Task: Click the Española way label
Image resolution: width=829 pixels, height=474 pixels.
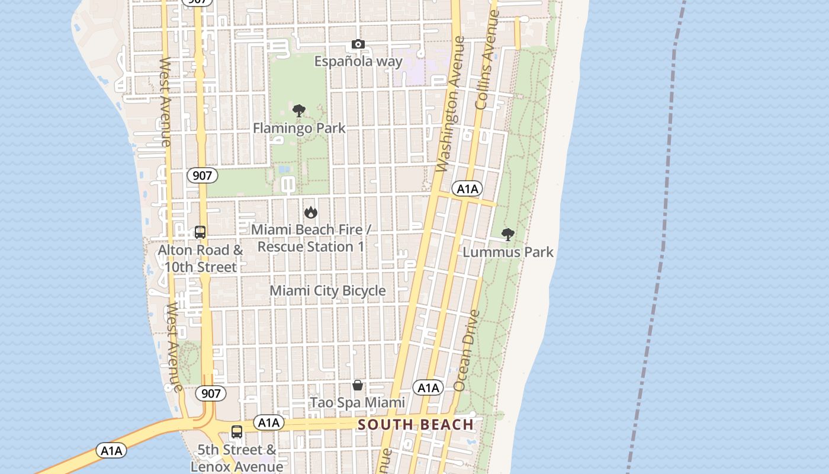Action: tap(358, 61)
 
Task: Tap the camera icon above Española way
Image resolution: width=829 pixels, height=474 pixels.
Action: tap(358, 44)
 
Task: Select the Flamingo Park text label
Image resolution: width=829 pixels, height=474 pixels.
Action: tap(299, 128)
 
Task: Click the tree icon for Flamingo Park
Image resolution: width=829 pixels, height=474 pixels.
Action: tap(299, 111)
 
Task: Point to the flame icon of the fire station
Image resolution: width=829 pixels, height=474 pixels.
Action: tap(310, 212)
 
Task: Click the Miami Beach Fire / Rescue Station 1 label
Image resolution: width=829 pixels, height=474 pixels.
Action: tap(311, 238)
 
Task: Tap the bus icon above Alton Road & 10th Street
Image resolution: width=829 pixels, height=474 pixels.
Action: tap(200, 232)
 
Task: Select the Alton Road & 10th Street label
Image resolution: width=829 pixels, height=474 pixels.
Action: tap(200, 258)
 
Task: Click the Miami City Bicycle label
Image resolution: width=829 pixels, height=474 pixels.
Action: tap(327, 290)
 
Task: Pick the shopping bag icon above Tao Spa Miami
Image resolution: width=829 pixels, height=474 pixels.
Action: tap(358, 386)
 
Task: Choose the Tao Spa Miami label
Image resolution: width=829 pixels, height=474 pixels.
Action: tap(358, 403)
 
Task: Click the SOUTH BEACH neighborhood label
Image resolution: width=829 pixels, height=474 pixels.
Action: tap(416, 424)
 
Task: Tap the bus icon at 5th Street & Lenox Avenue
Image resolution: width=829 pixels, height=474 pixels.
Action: tap(237, 432)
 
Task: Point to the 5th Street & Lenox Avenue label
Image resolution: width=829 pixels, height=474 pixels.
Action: tap(237, 458)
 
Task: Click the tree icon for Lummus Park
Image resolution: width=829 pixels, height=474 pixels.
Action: tap(507, 235)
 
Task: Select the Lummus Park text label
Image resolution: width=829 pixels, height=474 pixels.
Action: tap(508, 252)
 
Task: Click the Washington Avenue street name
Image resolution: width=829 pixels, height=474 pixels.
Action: tap(451, 105)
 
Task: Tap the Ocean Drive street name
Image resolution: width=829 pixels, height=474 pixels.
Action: tap(466, 351)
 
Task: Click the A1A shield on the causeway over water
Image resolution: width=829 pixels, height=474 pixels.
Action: tap(111, 451)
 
